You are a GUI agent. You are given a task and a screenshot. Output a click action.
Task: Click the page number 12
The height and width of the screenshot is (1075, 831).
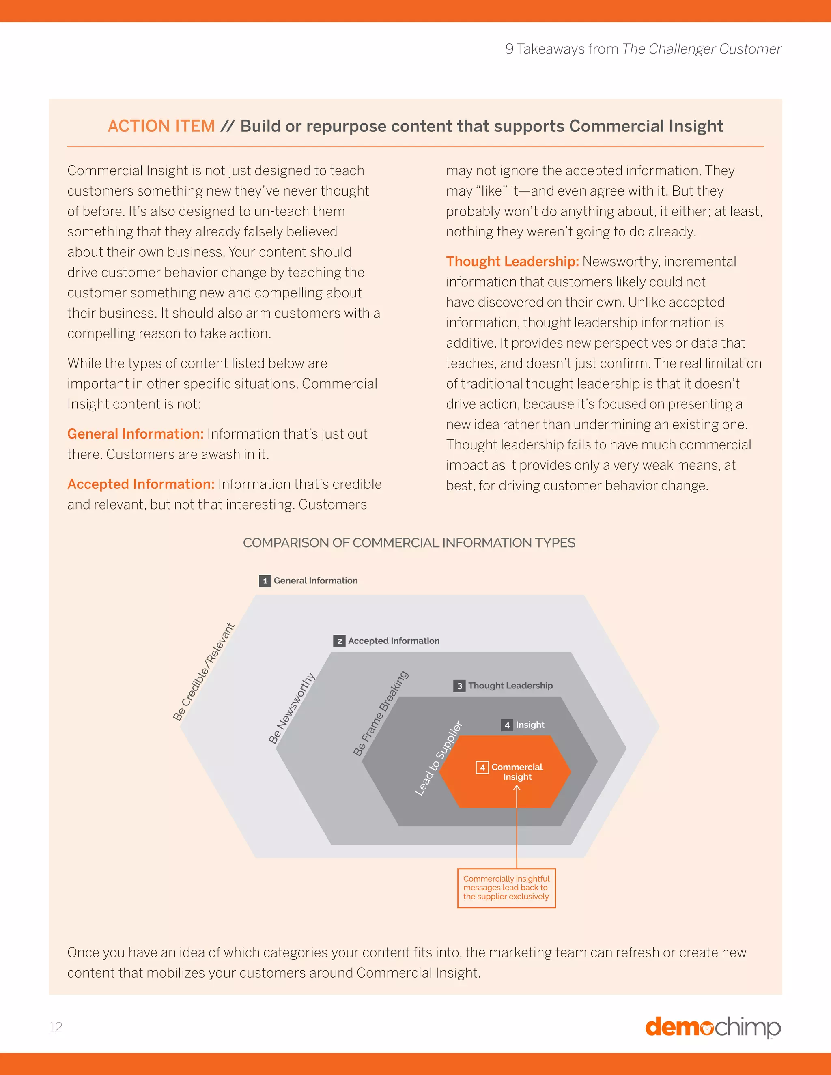[x=56, y=1027]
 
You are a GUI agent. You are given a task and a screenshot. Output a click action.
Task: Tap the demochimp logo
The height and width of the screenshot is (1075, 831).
[x=713, y=1027]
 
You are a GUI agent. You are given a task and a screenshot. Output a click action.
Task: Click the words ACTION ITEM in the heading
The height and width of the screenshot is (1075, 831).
[x=161, y=126]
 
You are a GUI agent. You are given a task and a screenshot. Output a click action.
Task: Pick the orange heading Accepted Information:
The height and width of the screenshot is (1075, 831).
[x=141, y=484]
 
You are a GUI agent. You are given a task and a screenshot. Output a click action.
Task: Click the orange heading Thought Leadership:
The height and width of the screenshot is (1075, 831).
[x=512, y=261]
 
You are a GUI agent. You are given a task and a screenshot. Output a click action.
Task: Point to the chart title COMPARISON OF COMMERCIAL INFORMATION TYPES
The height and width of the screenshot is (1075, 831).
[x=409, y=542]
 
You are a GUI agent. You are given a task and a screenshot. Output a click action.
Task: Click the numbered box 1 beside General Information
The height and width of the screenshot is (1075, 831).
[x=265, y=581]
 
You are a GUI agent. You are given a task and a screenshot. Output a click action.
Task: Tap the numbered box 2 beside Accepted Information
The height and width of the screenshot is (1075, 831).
[x=339, y=641]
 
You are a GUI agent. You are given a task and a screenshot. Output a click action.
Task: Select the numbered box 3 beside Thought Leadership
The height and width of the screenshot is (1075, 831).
[x=459, y=686]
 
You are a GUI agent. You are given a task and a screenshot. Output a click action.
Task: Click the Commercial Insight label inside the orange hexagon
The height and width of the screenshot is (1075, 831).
[x=517, y=772]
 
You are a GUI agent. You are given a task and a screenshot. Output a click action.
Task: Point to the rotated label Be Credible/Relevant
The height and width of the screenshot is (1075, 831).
[x=203, y=672]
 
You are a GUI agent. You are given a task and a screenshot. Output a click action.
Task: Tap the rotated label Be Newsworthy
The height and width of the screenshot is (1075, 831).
[x=291, y=708]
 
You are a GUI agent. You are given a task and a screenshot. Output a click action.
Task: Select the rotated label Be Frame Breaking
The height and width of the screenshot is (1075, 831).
[x=381, y=713]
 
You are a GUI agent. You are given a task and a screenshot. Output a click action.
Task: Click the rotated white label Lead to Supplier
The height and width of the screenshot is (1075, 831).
[x=438, y=758]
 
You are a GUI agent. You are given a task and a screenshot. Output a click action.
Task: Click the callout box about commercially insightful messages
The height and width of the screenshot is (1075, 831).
[x=506, y=888]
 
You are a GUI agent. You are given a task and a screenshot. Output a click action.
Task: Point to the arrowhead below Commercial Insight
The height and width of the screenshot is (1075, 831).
[x=517, y=788]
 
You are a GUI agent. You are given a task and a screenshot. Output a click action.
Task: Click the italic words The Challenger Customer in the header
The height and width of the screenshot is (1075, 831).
[x=701, y=49]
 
